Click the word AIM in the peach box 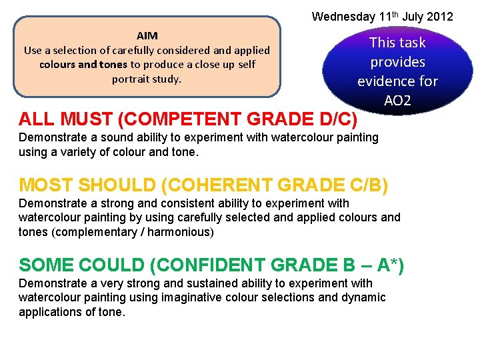(147, 35)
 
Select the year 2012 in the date (439, 16)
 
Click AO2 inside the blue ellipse (397, 101)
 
